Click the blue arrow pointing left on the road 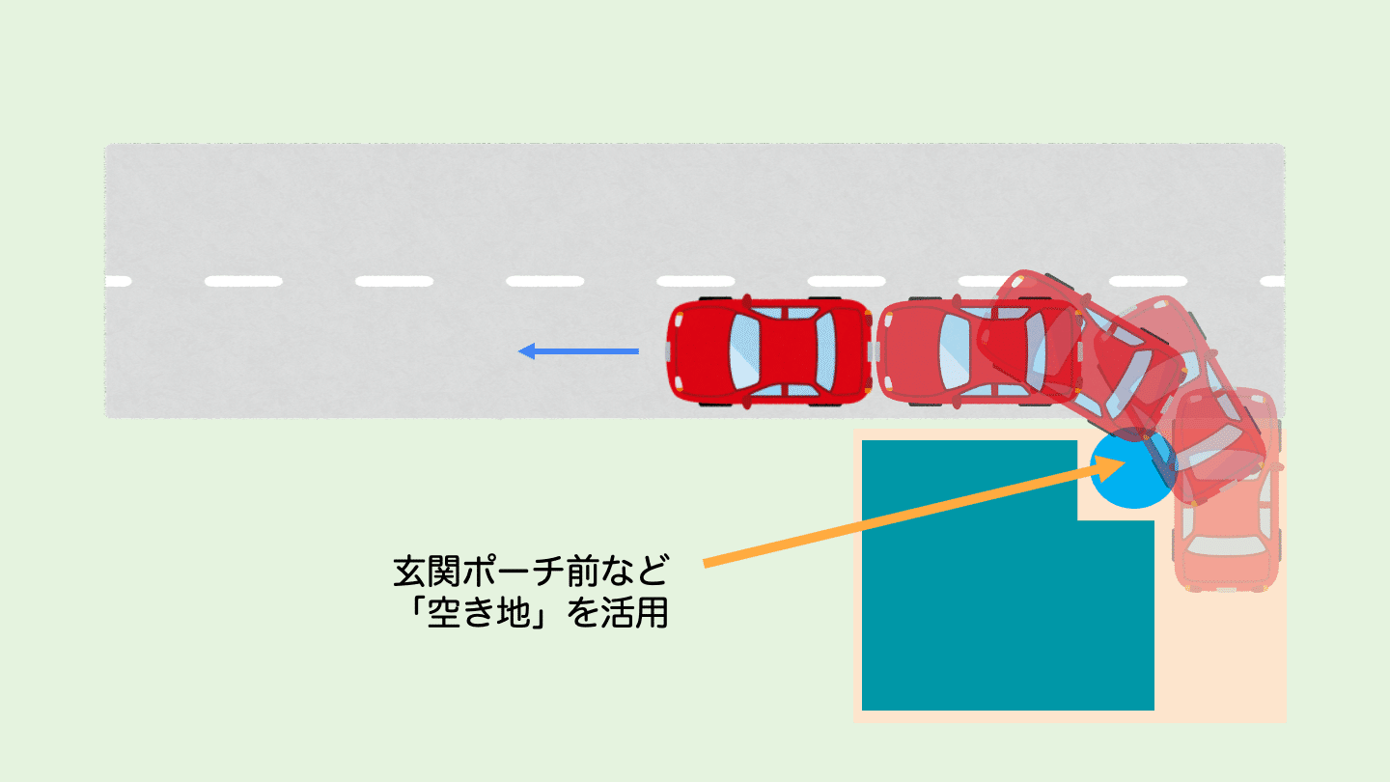click(579, 351)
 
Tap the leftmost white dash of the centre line click(118, 282)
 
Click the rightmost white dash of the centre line click(1272, 282)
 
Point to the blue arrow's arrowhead click(527, 351)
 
